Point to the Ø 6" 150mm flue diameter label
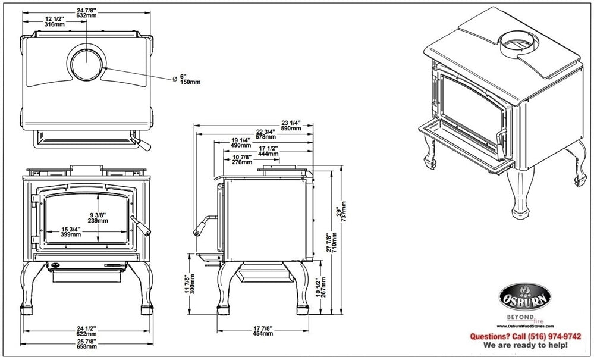point(186,79)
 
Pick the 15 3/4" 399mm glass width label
point(71,231)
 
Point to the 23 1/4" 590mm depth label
point(291,124)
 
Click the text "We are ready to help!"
point(526,345)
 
